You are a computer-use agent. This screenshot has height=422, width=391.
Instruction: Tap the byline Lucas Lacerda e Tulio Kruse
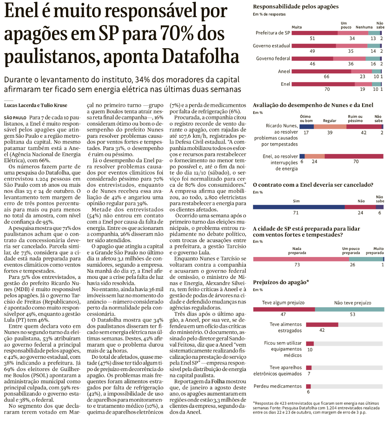coord(36,105)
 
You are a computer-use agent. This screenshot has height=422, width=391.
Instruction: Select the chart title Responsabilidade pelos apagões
coord(296,6)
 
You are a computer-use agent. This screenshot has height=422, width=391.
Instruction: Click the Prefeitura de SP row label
coord(273,33)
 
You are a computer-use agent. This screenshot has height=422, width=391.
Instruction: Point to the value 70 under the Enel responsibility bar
coord(327,89)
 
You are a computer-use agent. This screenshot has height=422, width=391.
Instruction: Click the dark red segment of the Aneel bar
coord(321,71)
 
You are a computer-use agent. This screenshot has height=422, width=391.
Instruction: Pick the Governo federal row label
coord(273,58)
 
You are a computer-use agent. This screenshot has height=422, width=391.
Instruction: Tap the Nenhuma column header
coord(364,27)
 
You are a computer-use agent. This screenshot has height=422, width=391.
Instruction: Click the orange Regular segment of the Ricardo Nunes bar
coord(330,127)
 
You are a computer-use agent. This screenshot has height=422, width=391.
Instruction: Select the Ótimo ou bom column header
coord(306,119)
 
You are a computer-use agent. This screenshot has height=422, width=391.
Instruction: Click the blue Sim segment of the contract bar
coord(299,207)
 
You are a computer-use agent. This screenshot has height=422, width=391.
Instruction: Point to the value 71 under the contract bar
coord(296,213)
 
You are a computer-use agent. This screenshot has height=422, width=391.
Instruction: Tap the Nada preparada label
coord(297,251)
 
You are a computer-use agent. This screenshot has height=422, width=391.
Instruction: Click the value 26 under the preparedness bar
coord(353,265)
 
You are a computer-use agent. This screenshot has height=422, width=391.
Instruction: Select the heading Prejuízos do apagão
coord(281,282)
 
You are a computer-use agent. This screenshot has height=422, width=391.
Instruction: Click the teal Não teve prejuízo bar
coord(349,309)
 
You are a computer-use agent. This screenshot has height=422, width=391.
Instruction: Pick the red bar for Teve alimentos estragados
coord(322,325)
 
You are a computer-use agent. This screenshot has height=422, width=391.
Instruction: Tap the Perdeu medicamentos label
coord(277,386)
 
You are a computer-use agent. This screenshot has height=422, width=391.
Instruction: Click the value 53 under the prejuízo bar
coord(353,315)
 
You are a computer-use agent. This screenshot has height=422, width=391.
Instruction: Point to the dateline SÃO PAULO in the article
coord(15,118)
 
